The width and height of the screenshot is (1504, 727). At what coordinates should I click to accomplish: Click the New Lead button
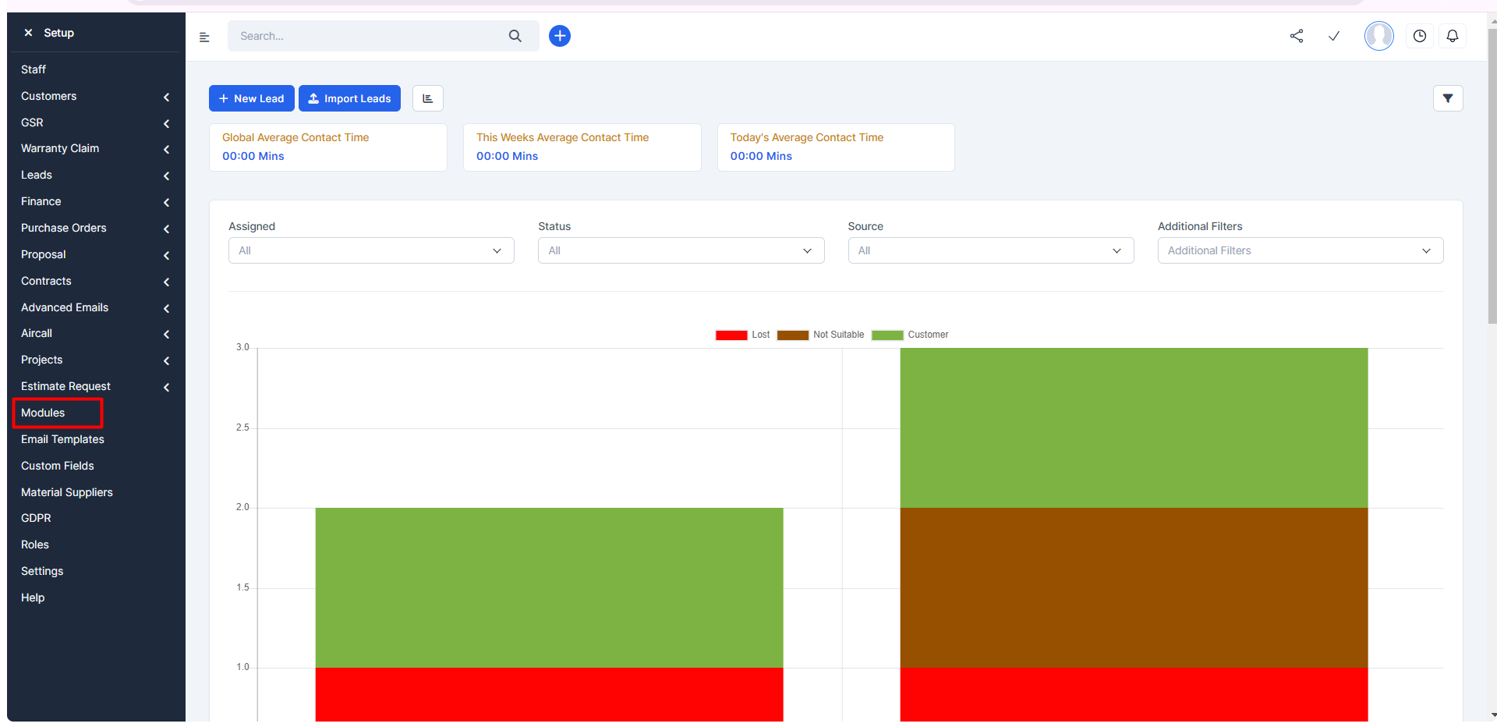[251, 98]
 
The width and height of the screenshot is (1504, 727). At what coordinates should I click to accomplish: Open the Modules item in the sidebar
[43, 413]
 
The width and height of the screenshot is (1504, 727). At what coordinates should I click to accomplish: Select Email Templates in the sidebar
[62, 439]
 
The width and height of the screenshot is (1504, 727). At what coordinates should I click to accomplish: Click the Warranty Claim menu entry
[60, 148]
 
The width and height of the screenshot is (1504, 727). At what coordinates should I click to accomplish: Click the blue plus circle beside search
[560, 36]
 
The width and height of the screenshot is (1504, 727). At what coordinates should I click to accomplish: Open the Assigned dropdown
[371, 250]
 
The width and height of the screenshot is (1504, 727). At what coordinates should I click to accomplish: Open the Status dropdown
[681, 250]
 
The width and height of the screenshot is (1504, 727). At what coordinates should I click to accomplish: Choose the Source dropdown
[991, 250]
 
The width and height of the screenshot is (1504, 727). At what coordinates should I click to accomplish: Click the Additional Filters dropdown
[1301, 250]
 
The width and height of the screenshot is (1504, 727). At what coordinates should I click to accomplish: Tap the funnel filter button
[1448, 98]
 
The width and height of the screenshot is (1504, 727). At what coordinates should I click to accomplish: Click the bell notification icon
[1453, 36]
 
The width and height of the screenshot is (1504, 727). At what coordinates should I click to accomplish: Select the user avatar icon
[1379, 36]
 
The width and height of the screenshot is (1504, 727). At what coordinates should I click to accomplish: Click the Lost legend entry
[743, 335]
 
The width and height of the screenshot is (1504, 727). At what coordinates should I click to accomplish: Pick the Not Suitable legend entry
[821, 335]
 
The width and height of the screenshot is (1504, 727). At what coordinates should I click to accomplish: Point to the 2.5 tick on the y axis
[242, 427]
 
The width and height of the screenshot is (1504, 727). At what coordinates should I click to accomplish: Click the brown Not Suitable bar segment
[1134, 587]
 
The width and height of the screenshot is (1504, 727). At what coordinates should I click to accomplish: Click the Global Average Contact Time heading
[295, 137]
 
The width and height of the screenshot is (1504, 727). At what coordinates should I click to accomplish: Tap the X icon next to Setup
[28, 33]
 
